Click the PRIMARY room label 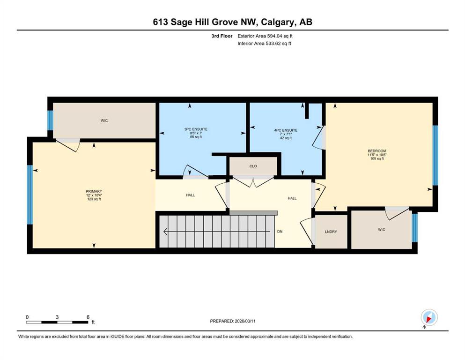coord(94,191)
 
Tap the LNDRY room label coord(331,232)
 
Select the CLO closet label coord(253,166)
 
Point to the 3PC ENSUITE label coord(196,129)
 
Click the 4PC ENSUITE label coord(286,130)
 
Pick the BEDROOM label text coord(377,151)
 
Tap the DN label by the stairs coord(280,232)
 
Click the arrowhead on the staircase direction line coord(165,231)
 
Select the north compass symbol coord(429,317)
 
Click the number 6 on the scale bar coord(88,317)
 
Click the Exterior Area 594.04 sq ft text coord(265,36)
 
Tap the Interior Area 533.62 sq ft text coord(264,43)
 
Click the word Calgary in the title coord(278,22)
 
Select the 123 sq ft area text coord(94,199)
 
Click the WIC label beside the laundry coord(381,230)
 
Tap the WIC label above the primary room coord(104,120)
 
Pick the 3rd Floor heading coord(222,36)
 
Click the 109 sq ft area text coord(377,159)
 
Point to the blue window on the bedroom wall coord(435,155)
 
